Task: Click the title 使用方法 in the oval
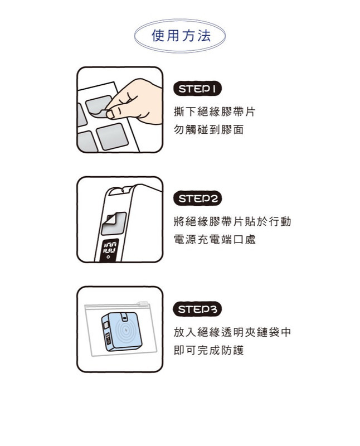point(181,36)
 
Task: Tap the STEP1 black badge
point(197,89)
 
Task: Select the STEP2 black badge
point(197,198)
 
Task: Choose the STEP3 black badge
point(197,309)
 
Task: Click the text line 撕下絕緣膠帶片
point(215,111)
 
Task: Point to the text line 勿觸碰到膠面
point(209,129)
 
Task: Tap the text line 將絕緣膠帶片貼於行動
point(232,221)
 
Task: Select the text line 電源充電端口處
point(215,240)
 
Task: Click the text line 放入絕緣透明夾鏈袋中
point(232,332)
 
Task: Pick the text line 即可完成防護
point(209,350)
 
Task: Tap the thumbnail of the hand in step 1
point(120,110)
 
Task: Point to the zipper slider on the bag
point(143,303)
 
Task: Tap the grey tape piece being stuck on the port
point(114,223)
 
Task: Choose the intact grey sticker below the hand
point(113,137)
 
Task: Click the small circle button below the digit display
point(108,257)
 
